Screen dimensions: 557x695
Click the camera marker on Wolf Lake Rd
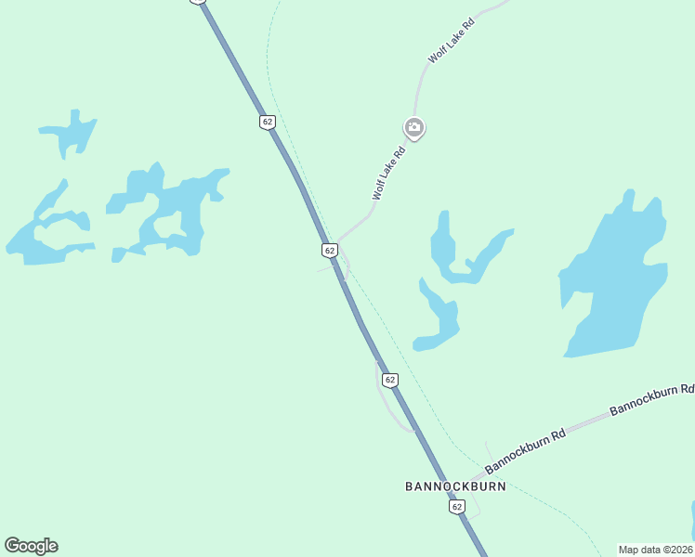(x=414, y=127)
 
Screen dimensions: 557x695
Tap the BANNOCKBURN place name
(x=455, y=486)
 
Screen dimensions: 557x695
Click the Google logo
(x=31, y=546)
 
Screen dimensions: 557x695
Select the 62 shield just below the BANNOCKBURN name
(x=456, y=507)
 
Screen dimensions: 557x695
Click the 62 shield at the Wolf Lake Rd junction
(x=329, y=251)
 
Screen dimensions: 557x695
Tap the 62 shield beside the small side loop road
(x=389, y=380)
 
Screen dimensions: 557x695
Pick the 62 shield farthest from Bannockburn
(x=268, y=122)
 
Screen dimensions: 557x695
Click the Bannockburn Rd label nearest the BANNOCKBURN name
(x=525, y=450)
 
